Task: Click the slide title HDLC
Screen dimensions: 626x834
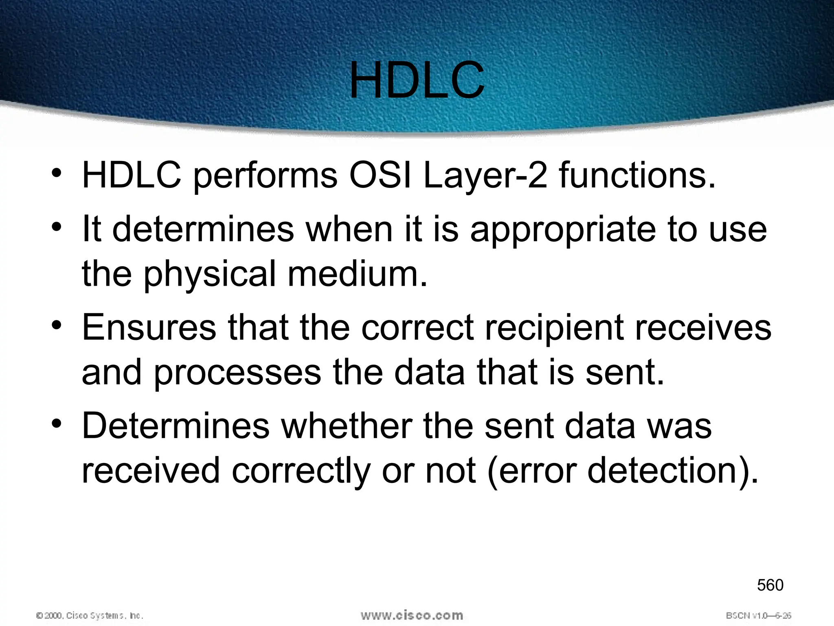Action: click(x=417, y=80)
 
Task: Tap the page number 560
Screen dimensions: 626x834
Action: click(x=770, y=585)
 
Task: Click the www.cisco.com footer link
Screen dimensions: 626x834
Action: click(x=412, y=615)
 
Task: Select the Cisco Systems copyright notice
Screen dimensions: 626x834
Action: click(x=90, y=615)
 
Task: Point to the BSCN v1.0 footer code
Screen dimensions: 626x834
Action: click(x=758, y=615)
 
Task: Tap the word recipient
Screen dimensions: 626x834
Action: click(x=554, y=328)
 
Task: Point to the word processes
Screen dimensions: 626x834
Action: click(x=237, y=373)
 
